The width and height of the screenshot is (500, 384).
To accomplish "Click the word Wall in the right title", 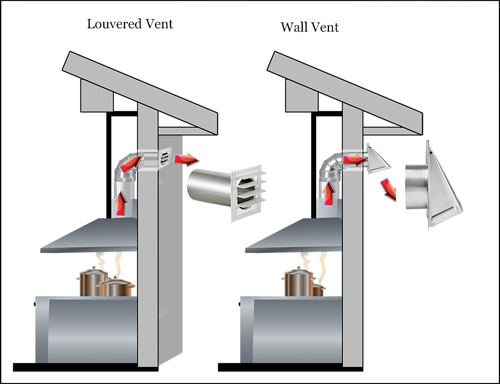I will (x=294, y=27).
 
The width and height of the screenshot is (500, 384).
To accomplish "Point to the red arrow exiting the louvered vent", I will (x=186, y=159).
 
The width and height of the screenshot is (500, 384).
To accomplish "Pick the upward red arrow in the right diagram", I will (x=329, y=191).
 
